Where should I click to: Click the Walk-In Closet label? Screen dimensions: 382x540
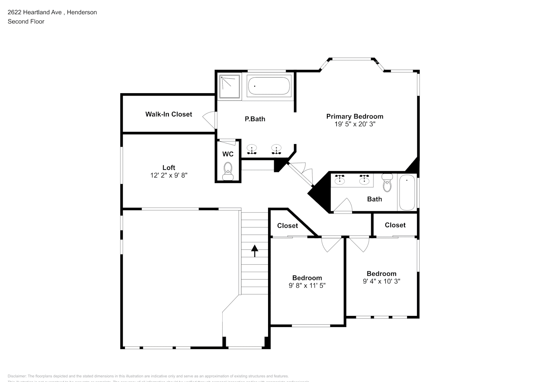click(x=168, y=114)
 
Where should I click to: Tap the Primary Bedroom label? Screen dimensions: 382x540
click(x=354, y=117)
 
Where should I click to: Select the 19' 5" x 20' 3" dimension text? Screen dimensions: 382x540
click(x=355, y=124)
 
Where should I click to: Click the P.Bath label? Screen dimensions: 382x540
click(x=255, y=119)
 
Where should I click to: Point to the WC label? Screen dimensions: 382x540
click(x=228, y=154)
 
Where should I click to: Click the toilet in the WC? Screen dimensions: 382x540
click(x=228, y=170)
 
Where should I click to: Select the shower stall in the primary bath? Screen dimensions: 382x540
click(x=230, y=87)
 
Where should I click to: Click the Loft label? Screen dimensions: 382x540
click(x=169, y=168)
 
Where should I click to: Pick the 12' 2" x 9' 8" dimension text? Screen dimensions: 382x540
click(x=169, y=175)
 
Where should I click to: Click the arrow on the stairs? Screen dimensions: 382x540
click(x=255, y=251)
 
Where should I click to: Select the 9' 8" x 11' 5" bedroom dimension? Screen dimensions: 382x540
click(x=307, y=285)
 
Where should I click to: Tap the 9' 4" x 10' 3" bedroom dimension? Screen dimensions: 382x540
click(x=381, y=281)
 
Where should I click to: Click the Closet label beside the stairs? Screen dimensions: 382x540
click(x=288, y=226)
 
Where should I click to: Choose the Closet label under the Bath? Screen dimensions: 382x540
click(x=395, y=225)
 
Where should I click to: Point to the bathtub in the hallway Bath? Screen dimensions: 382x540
click(x=407, y=192)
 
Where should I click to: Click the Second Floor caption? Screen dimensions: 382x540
click(x=26, y=21)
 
